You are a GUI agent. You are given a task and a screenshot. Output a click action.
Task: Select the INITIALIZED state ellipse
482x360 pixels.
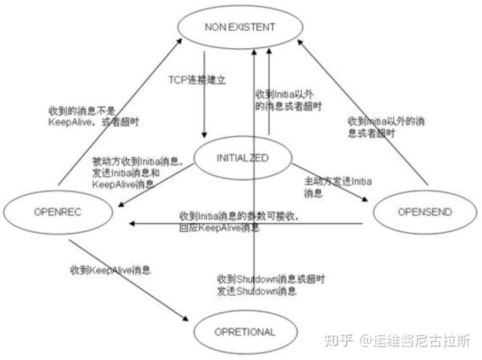pyautogui.click(x=242, y=159)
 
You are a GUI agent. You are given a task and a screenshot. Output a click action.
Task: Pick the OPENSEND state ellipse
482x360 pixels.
pyautogui.click(x=424, y=213)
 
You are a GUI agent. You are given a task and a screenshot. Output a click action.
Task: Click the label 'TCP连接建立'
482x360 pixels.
pyautogui.click(x=196, y=79)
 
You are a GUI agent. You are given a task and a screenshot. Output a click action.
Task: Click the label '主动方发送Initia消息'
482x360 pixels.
pyautogui.click(x=338, y=187)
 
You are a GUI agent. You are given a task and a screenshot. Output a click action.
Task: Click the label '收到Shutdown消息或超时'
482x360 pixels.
pyautogui.click(x=260, y=278)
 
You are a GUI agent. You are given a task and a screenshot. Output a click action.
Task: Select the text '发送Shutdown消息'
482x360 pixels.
pyautogui.click(x=256, y=291)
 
